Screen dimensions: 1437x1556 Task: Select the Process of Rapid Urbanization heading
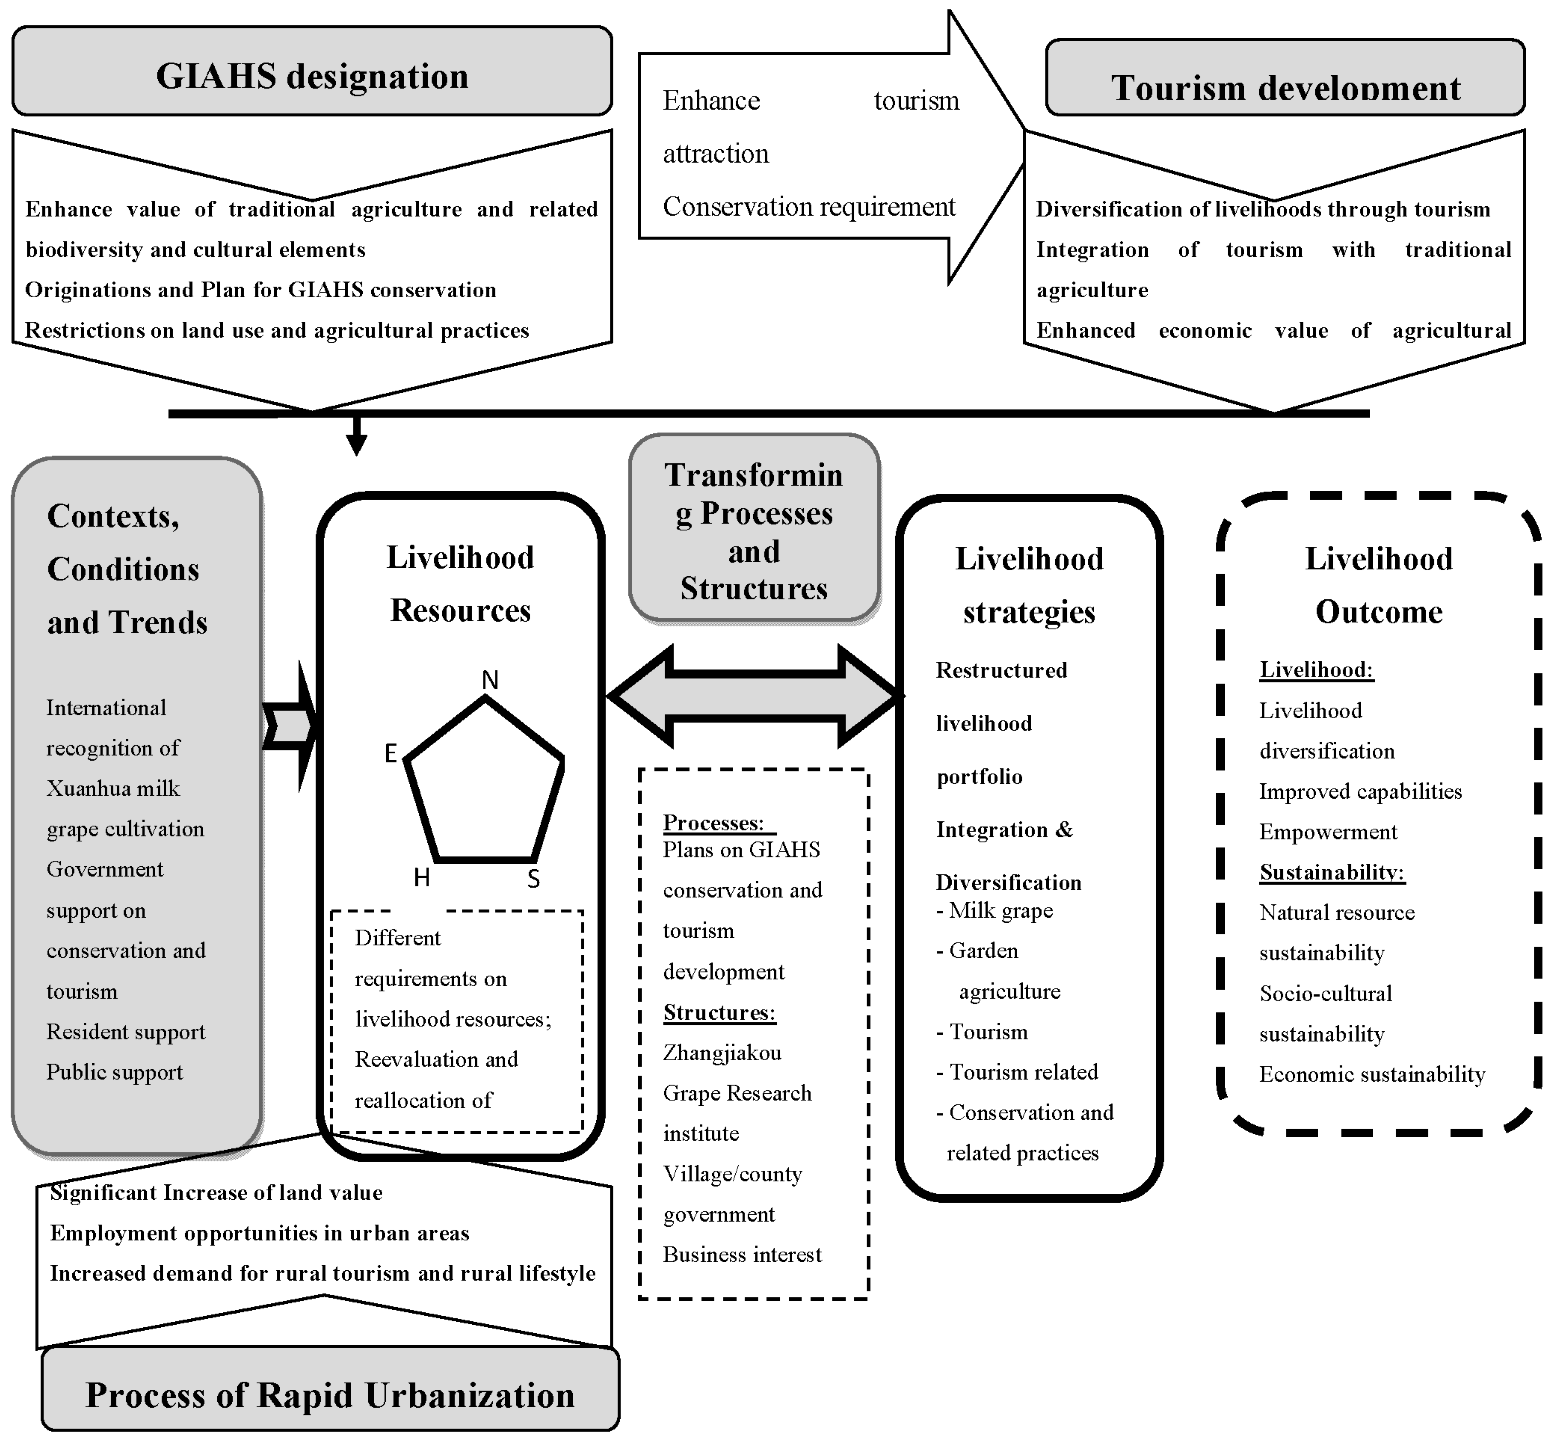(330, 1394)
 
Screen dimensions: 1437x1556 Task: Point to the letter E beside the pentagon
(390, 753)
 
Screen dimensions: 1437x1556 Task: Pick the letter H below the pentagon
(421, 878)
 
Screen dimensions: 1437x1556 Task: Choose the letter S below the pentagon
(533, 879)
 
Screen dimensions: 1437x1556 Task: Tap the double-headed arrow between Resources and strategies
(754, 696)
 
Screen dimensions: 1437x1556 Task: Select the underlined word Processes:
(713, 823)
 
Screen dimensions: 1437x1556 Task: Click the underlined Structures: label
(719, 1013)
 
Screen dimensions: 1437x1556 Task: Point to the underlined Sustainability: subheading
(1331, 873)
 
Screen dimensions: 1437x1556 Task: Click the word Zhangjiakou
(722, 1053)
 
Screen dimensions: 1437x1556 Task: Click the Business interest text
(742, 1254)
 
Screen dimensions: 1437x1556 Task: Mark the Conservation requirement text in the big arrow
(809, 207)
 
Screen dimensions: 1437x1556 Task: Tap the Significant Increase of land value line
(216, 1193)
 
